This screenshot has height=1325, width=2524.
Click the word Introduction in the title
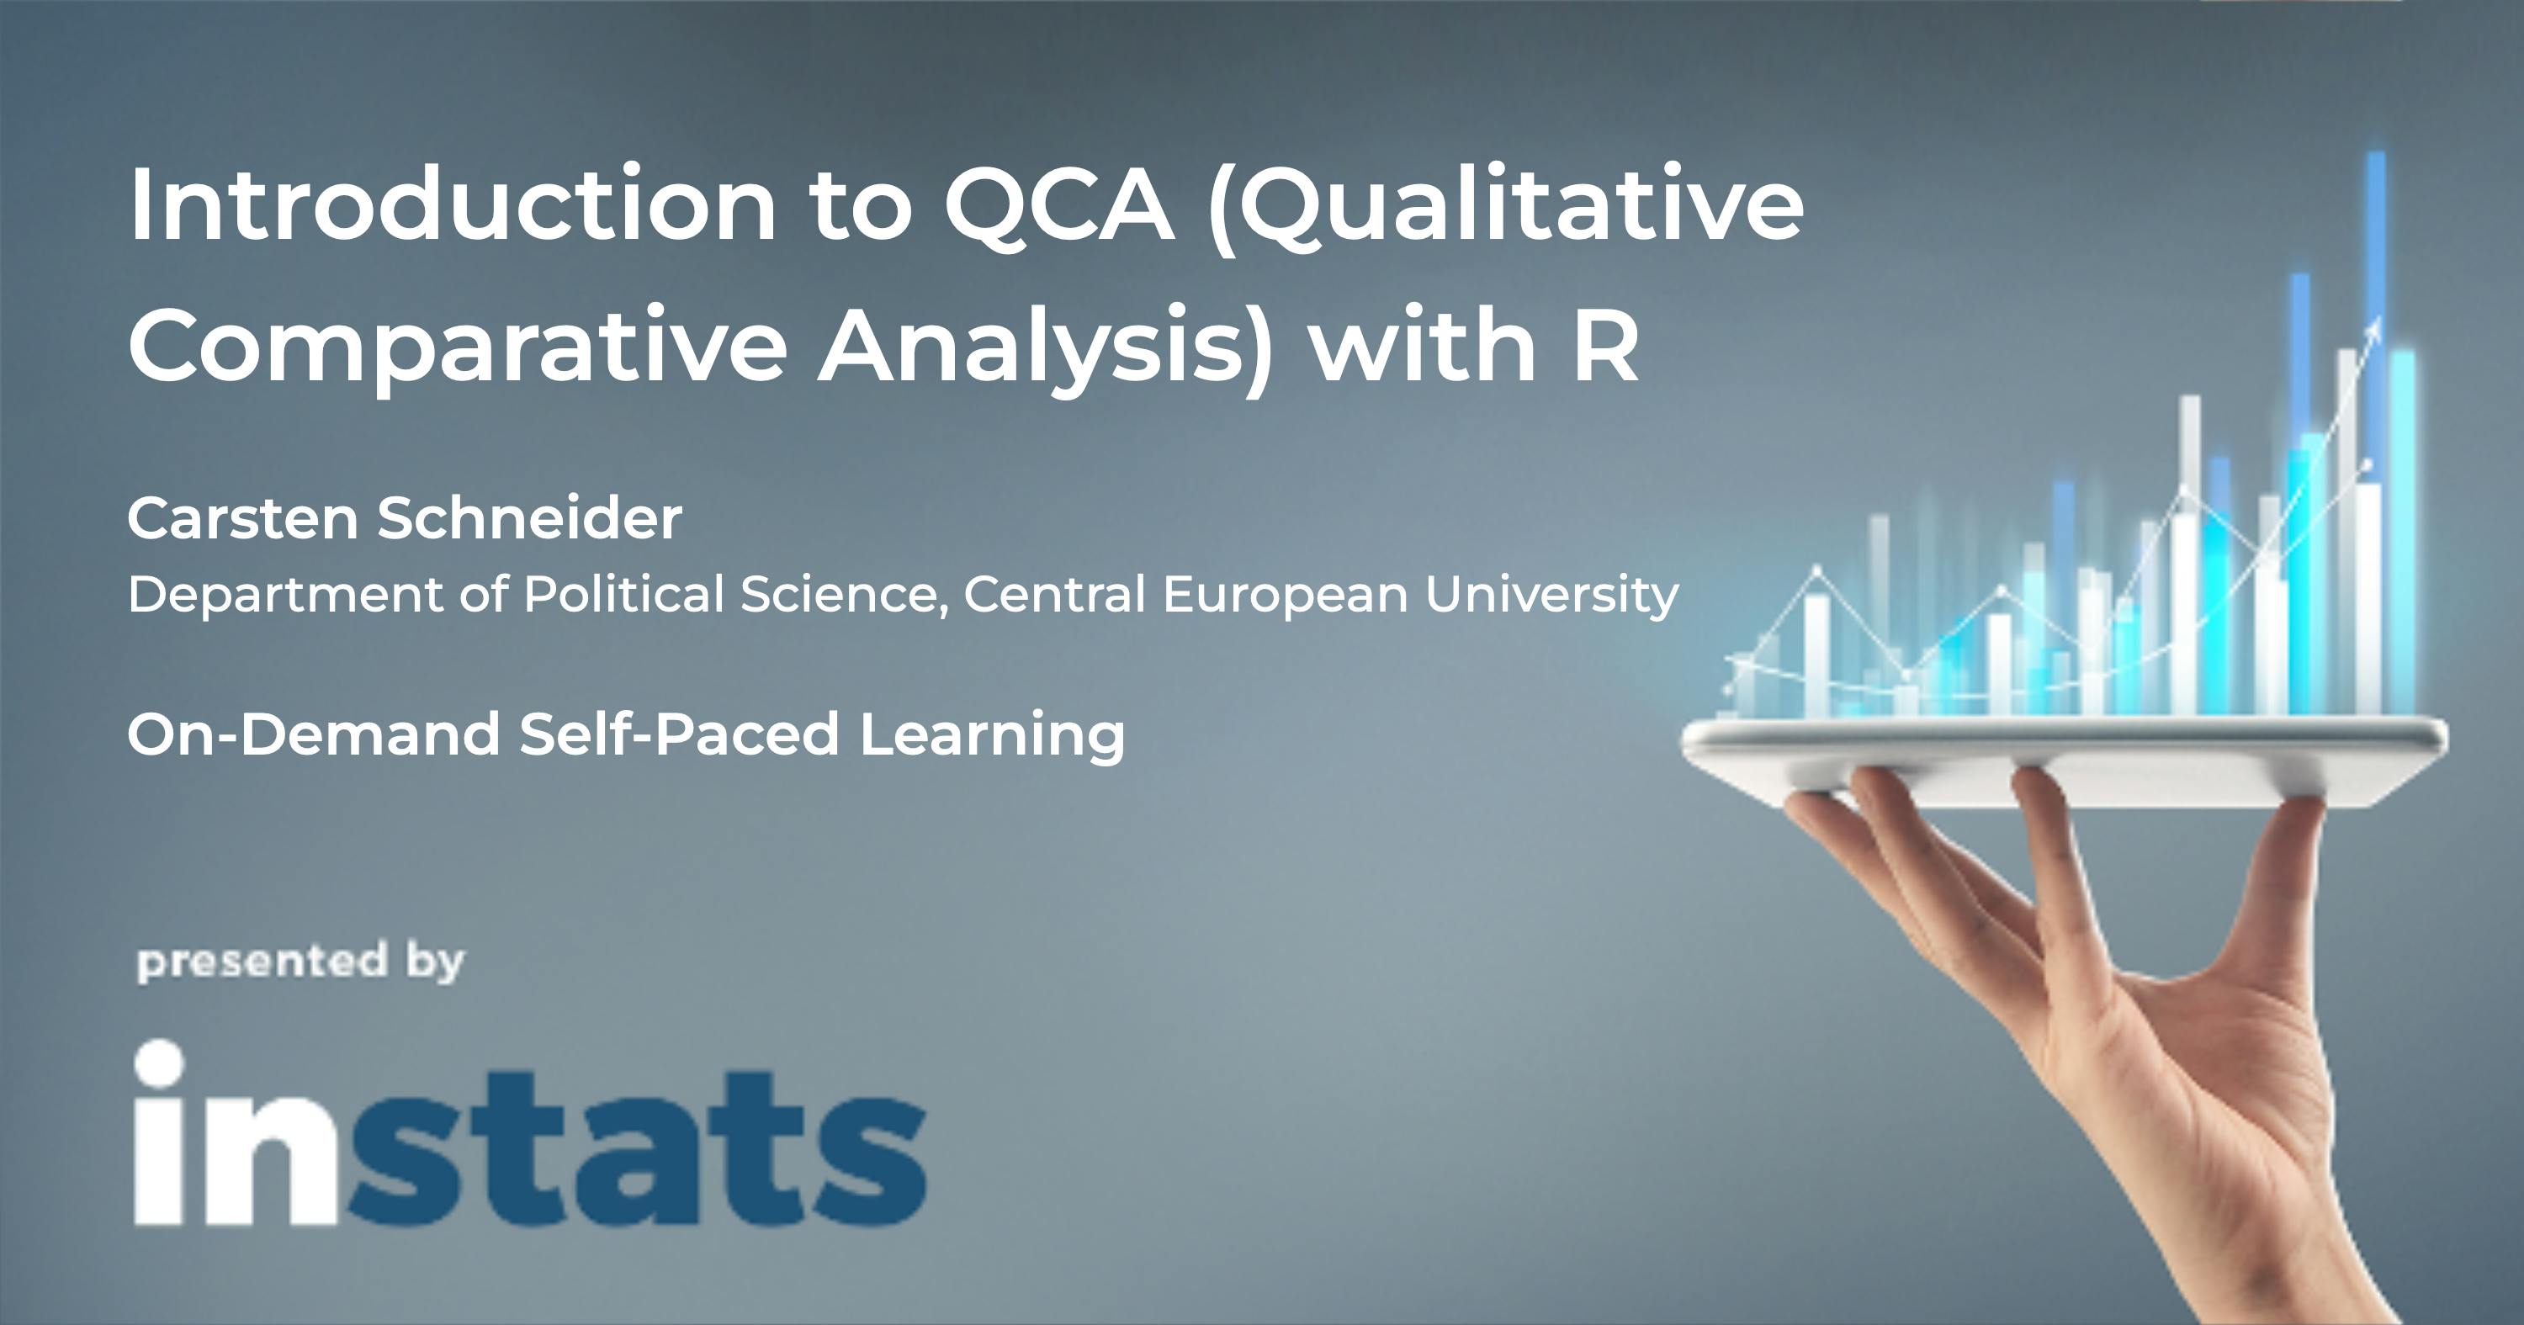point(453,204)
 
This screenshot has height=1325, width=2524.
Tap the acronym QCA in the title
point(1058,204)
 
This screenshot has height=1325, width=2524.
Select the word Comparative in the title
point(458,346)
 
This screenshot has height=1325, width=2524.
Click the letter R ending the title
point(1605,346)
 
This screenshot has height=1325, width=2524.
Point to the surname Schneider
point(529,517)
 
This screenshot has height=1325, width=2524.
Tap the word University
point(1551,594)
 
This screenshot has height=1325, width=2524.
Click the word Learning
point(992,734)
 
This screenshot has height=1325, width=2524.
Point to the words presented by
point(300,962)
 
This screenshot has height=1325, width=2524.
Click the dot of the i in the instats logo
point(159,1063)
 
